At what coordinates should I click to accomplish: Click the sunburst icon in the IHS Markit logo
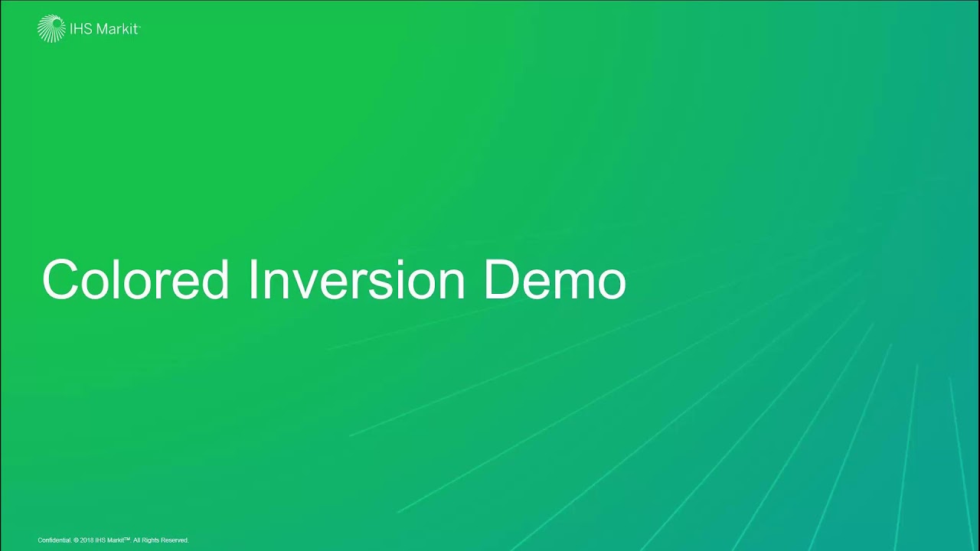[x=51, y=28]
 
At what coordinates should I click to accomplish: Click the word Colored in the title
[x=136, y=280]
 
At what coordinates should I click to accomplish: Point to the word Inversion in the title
[x=357, y=280]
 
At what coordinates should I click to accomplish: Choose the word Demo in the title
[x=555, y=280]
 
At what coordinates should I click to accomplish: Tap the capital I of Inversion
[x=252, y=280]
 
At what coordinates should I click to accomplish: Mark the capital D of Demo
[x=501, y=280]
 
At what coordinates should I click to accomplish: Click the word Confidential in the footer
[x=54, y=540]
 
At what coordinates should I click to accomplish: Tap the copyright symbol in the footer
[x=76, y=540]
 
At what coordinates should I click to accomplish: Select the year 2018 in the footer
[x=86, y=540]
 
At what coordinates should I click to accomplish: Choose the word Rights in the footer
[x=150, y=540]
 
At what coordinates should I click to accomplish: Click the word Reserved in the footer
[x=175, y=540]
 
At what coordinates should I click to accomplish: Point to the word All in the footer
[x=137, y=540]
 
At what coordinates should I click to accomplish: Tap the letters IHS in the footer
[x=100, y=540]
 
